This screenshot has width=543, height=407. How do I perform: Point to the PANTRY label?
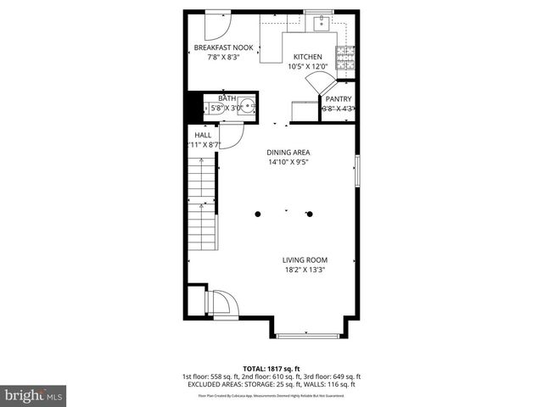(339, 98)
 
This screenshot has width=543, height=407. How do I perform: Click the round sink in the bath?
(246, 106)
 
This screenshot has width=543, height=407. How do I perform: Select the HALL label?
(203, 135)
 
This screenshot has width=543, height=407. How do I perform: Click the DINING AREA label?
(288, 152)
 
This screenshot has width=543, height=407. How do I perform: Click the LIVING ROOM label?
(305, 260)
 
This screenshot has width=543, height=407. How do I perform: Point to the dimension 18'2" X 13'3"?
(305, 270)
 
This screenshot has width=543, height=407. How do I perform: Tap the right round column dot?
(310, 214)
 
